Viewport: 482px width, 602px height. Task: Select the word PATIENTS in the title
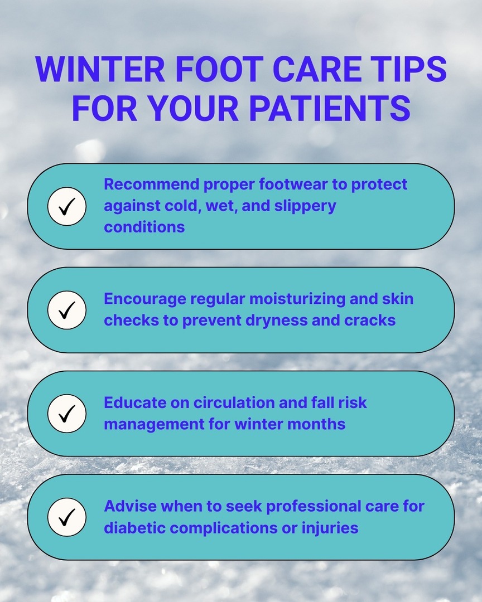(x=330, y=108)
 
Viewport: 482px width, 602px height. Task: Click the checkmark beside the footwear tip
(x=67, y=206)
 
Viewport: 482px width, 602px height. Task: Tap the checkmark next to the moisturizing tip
(x=67, y=310)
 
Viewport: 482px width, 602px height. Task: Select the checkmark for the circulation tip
(x=67, y=414)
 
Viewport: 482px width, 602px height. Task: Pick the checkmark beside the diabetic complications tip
(x=67, y=517)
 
